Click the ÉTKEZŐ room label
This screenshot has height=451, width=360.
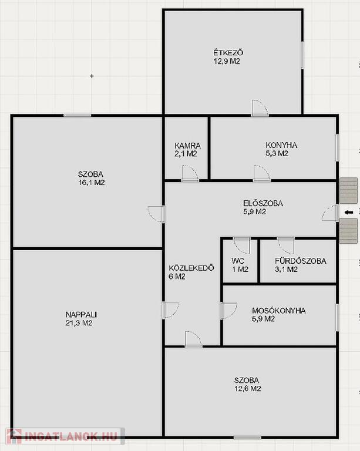(x=228, y=53)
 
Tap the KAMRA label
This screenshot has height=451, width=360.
(x=187, y=146)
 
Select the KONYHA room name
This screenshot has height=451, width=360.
(x=281, y=145)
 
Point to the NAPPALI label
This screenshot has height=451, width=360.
(x=81, y=315)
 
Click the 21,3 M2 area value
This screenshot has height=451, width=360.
(x=79, y=323)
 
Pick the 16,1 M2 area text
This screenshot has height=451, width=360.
(x=92, y=183)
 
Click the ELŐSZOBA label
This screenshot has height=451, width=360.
(x=263, y=203)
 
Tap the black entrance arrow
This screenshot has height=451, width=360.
(x=349, y=213)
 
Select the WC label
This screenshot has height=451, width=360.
(x=238, y=261)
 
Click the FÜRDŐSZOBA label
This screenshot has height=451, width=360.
(x=301, y=261)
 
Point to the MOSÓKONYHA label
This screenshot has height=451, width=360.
(x=278, y=311)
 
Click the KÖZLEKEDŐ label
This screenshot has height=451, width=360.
(x=191, y=268)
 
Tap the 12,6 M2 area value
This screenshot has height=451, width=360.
(x=248, y=389)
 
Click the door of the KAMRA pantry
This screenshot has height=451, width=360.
(x=190, y=173)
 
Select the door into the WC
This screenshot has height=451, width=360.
(x=242, y=245)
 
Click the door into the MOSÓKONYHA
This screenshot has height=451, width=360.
(x=229, y=311)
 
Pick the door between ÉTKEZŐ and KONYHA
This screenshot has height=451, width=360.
(x=260, y=108)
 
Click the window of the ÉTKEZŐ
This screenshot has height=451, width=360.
(x=302, y=55)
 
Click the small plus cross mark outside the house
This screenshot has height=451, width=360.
(x=92, y=76)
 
